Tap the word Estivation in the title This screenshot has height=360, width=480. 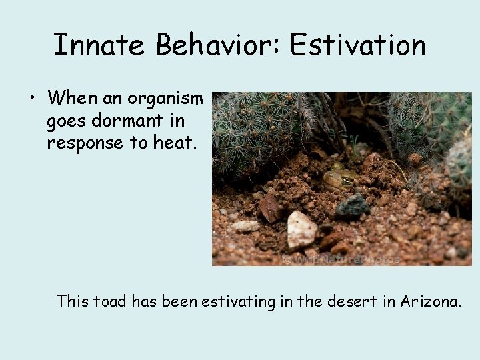click(358, 45)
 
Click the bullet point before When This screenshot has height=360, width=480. click(31, 99)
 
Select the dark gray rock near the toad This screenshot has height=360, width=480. click(352, 206)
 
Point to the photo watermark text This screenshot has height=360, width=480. click(341, 259)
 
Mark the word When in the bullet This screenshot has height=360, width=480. click(72, 99)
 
